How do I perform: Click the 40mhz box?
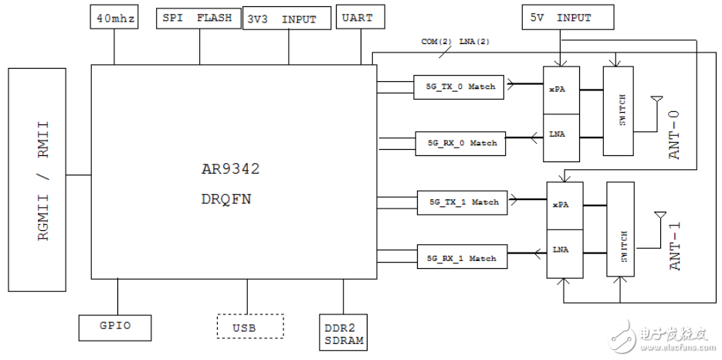(x=114, y=18)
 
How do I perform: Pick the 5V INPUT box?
(x=568, y=17)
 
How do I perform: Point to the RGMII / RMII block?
(x=37, y=179)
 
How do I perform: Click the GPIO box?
(x=116, y=327)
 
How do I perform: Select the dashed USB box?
(x=249, y=327)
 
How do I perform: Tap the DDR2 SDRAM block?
(x=344, y=332)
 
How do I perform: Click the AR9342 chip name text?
(x=232, y=168)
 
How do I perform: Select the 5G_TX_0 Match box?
(x=459, y=87)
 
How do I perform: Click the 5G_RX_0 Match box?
(x=460, y=142)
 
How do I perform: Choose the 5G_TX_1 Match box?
(x=463, y=202)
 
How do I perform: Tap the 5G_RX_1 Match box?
(x=463, y=258)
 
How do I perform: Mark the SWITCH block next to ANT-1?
(x=620, y=230)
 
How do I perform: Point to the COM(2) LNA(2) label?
(x=456, y=42)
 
